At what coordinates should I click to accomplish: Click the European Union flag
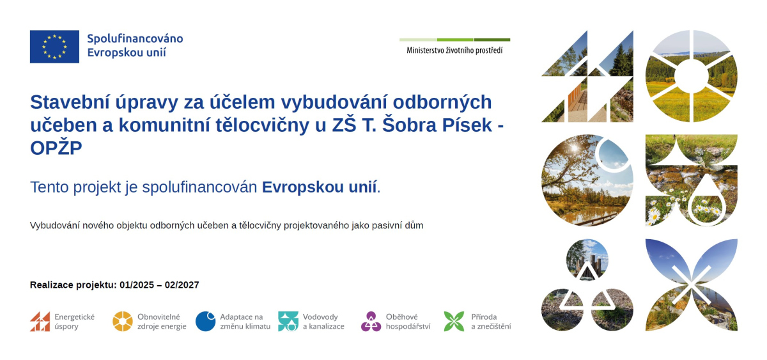(x=54, y=47)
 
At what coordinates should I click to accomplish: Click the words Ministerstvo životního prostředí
(x=454, y=51)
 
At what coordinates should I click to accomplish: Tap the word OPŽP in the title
(x=56, y=148)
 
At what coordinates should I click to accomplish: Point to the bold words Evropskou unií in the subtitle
(x=319, y=187)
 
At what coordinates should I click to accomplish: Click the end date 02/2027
(x=182, y=285)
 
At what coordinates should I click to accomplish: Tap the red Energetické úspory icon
(x=40, y=322)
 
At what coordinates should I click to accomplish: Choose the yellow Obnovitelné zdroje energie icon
(x=123, y=322)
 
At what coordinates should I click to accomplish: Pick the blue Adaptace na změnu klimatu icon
(x=205, y=322)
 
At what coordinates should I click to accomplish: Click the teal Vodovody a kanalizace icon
(x=288, y=322)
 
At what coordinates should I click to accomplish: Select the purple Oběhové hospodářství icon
(x=371, y=322)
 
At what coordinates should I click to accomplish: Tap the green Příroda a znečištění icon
(x=454, y=322)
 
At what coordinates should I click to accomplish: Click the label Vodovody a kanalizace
(x=323, y=322)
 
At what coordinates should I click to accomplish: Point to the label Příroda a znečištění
(x=491, y=322)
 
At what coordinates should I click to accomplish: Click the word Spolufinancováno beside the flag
(x=135, y=38)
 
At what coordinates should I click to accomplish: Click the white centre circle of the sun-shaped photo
(x=692, y=76)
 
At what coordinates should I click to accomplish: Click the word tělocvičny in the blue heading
(x=263, y=125)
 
